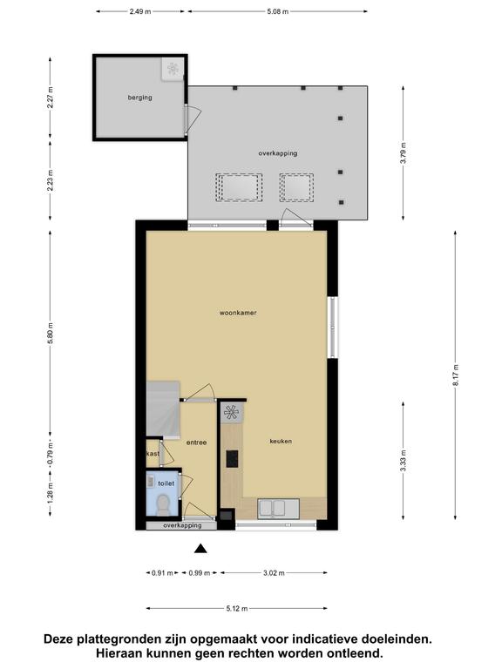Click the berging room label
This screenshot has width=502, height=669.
tap(139, 98)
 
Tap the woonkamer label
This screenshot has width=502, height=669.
tap(238, 313)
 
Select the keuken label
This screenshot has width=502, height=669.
tap(281, 441)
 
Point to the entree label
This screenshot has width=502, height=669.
tap(196, 443)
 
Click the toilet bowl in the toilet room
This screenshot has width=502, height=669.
tap(163, 503)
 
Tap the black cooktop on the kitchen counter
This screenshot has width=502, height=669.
tap(232, 459)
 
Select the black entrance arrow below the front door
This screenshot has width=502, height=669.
tap(200, 549)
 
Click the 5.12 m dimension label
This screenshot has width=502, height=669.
tap(237, 608)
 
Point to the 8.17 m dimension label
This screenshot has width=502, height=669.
tap(455, 375)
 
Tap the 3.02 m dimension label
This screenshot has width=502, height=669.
tap(274, 573)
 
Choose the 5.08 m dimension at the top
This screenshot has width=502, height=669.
tap(277, 11)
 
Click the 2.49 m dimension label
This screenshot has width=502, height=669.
tap(140, 11)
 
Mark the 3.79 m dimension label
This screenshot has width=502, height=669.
tap(404, 152)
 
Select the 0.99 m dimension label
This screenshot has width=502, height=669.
tap(200, 573)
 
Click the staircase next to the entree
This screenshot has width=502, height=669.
tap(163, 409)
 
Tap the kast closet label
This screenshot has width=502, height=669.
tap(153, 454)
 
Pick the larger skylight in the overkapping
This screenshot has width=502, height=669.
tap(239, 187)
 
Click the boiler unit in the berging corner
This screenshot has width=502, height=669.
tap(173, 68)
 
